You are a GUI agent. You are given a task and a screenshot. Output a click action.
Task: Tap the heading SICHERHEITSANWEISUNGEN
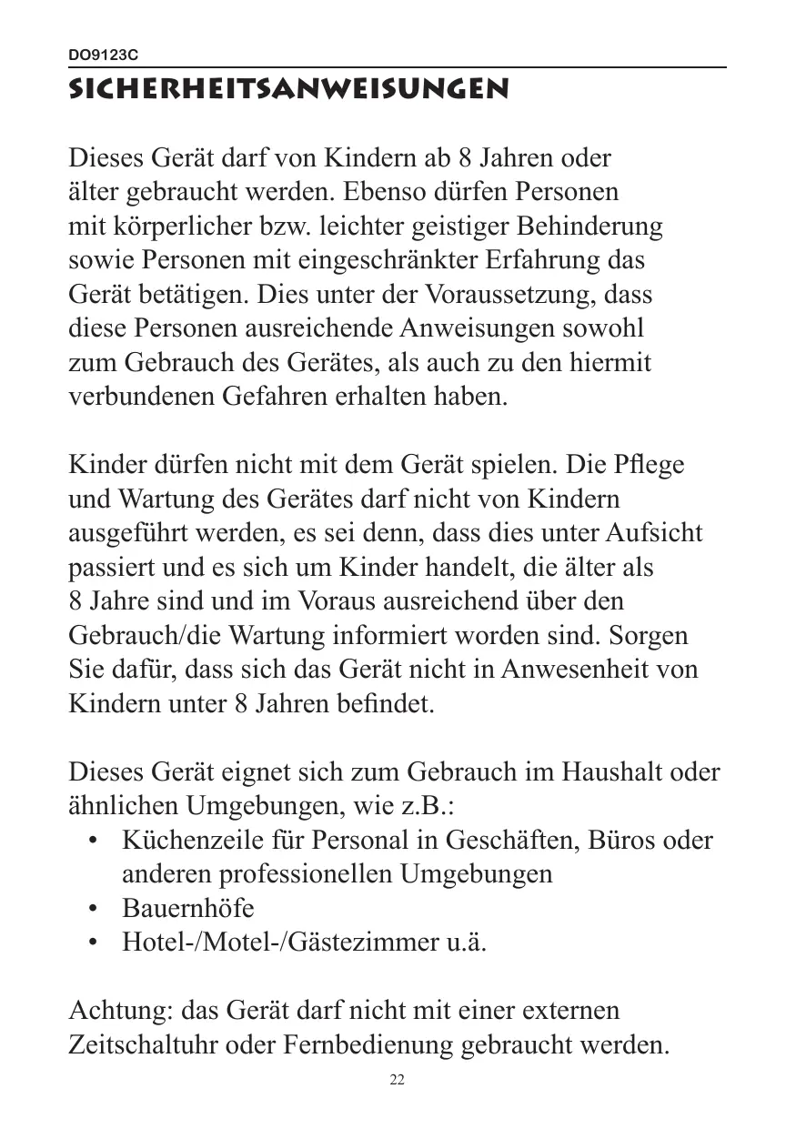click(x=288, y=91)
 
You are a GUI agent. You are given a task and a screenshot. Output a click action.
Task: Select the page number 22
click(x=397, y=1080)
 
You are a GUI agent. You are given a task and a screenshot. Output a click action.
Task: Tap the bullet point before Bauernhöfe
click(x=93, y=909)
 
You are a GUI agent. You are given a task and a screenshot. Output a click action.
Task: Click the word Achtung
click(x=121, y=1011)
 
